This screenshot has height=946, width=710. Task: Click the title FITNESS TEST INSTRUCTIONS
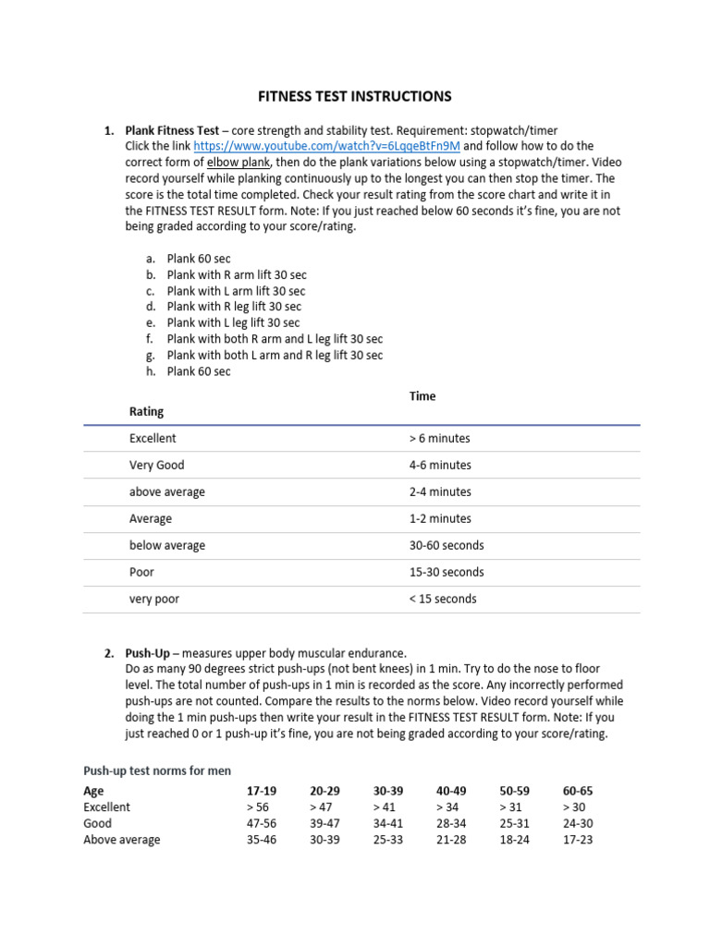(353, 95)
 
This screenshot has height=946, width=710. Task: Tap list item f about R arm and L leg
(275, 339)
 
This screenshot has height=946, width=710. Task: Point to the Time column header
(422, 395)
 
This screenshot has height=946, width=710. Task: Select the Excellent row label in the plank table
(153, 438)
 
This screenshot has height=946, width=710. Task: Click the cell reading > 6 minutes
(439, 438)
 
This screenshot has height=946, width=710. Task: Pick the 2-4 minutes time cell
(440, 491)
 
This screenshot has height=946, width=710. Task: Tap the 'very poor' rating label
(154, 599)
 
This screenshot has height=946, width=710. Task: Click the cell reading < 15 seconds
(443, 599)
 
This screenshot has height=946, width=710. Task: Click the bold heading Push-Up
(148, 653)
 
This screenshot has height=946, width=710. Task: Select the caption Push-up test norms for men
(157, 770)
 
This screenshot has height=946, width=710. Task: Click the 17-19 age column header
(262, 791)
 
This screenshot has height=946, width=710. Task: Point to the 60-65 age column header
(578, 791)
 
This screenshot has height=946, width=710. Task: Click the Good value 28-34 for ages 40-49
(452, 823)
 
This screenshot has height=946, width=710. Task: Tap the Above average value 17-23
(578, 840)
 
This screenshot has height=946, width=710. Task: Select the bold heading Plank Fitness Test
(172, 130)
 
